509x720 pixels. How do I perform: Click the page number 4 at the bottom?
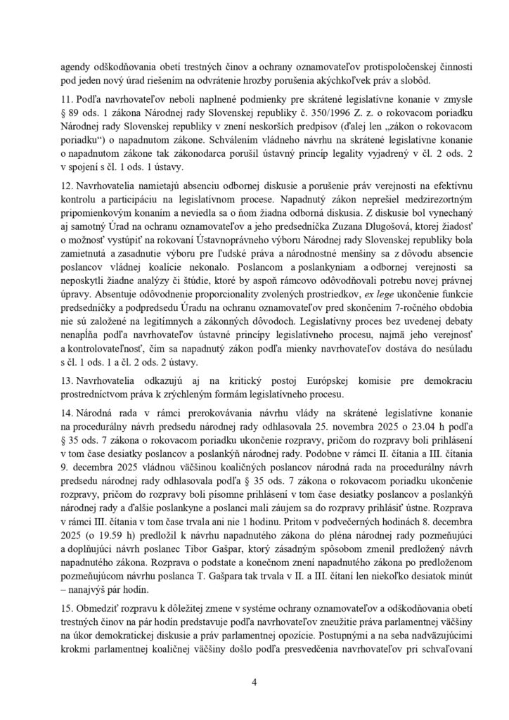(254, 681)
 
